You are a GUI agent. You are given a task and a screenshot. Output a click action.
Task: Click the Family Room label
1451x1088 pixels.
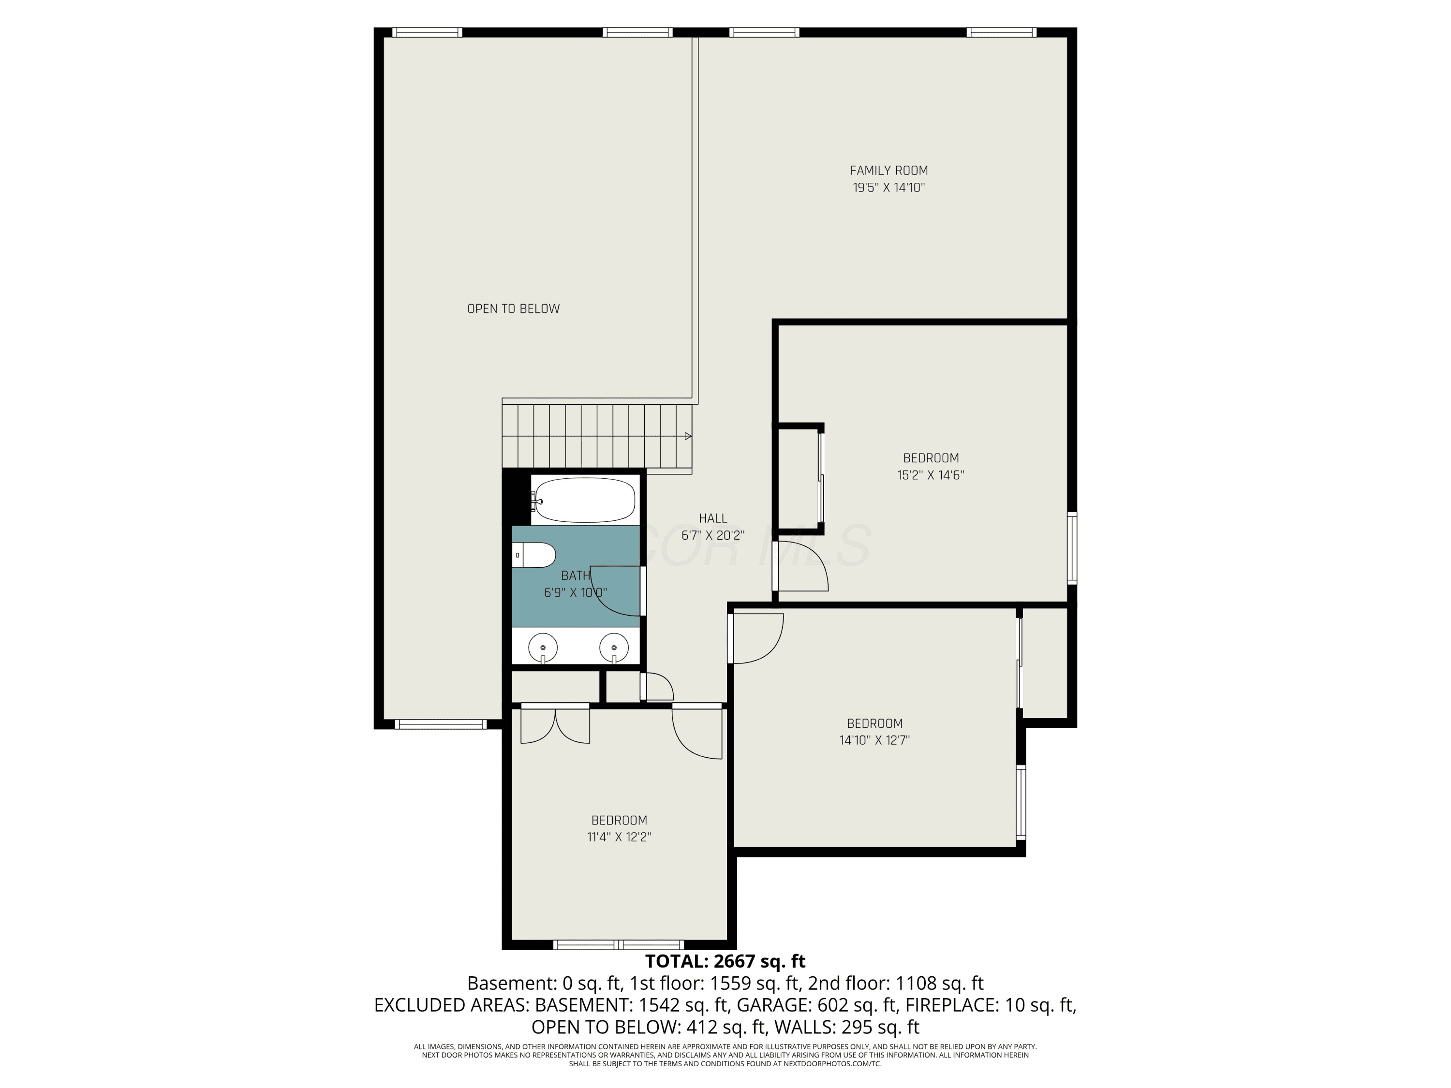point(889,171)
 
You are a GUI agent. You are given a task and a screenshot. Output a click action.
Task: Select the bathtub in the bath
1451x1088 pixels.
point(583,500)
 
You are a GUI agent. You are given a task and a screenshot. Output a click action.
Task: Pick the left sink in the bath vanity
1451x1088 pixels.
point(543,648)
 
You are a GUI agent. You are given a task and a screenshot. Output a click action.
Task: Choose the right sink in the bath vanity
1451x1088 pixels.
point(614,648)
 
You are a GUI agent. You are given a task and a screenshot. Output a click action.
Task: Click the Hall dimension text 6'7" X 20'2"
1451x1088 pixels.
point(713,535)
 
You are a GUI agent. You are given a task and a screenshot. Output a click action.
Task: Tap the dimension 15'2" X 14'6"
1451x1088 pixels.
point(931,475)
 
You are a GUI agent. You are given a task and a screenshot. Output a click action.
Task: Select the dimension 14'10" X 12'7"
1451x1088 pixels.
point(874,740)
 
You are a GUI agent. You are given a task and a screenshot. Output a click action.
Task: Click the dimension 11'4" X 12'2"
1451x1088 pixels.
point(619,838)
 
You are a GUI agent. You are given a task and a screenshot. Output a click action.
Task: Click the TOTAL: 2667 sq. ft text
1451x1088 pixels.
point(725,961)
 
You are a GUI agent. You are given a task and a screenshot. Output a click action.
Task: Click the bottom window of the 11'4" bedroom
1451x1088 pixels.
point(619,945)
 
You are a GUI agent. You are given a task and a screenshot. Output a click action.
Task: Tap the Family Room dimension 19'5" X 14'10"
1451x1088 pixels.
point(889,188)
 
